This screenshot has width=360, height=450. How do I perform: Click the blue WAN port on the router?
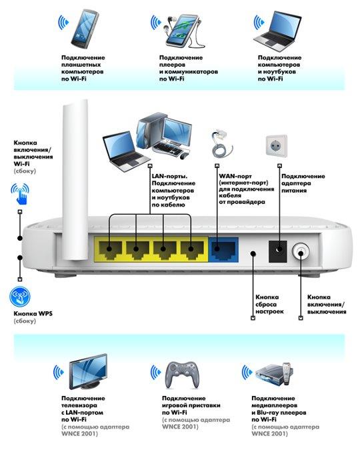tap(223, 249)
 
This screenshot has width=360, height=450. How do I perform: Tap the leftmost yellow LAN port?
tap(110, 250)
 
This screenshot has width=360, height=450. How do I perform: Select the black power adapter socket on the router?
tap(277, 251)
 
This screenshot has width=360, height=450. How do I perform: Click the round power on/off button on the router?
tap(301, 252)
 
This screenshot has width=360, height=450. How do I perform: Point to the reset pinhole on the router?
tap(253, 253)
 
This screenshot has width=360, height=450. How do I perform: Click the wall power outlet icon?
tap(277, 145)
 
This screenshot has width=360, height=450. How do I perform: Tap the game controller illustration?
tap(182, 374)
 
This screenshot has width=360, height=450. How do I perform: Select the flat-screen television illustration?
tap(88, 371)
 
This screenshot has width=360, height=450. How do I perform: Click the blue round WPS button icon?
tap(19, 297)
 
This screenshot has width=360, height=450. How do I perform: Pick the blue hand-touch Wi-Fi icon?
tap(21, 194)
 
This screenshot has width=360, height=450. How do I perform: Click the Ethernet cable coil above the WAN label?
tap(221, 145)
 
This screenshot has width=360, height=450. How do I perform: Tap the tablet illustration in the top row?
tap(85, 29)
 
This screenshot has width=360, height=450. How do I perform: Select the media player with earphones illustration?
tap(183, 31)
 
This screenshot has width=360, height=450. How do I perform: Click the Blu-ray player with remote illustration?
tap(274, 375)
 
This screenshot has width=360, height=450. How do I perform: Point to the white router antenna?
tap(75, 180)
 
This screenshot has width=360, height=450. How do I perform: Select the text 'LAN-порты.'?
tap(169, 176)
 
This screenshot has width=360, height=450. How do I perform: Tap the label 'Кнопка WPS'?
tap(33, 313)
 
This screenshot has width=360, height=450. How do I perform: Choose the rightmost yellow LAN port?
tap(192, 250)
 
